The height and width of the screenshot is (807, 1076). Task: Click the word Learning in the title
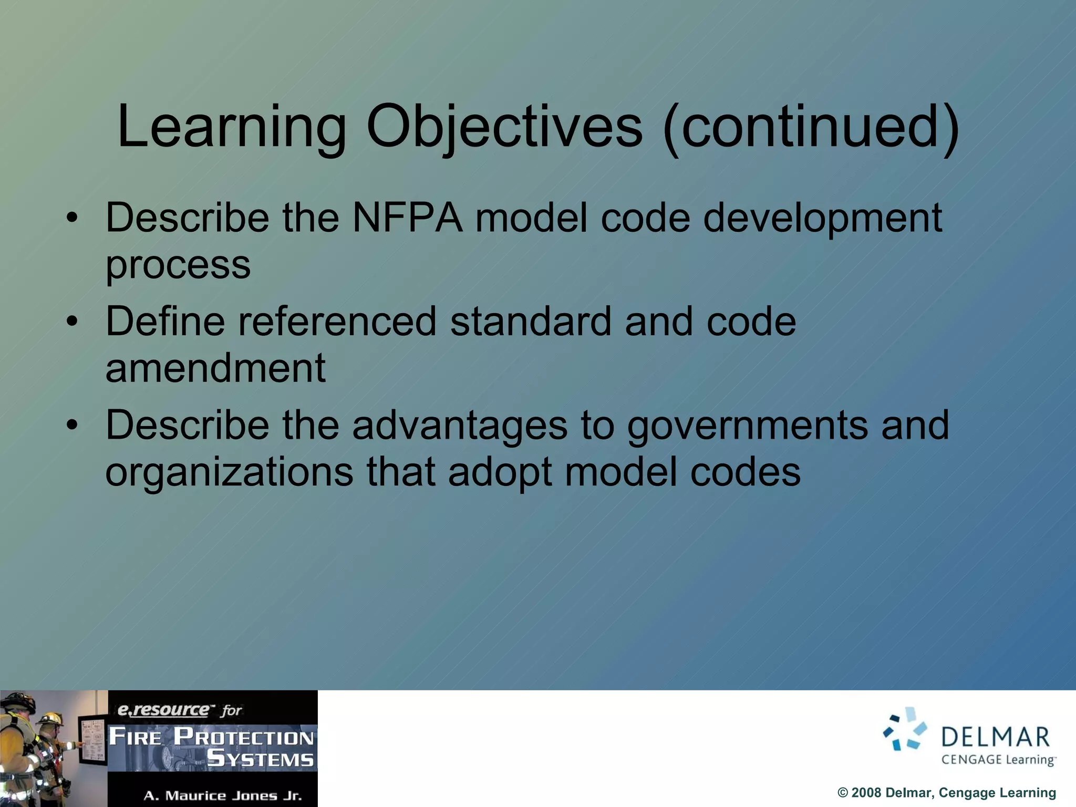coord(231,128)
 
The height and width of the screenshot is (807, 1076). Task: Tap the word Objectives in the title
coord(504,128)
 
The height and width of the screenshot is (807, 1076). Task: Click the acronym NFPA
coord(407,218)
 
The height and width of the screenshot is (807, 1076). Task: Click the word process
coord(178,265)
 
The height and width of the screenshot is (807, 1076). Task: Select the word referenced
coord(337,322)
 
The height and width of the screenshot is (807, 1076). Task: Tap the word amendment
coord(215,368)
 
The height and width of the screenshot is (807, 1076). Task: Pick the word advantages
coord(460,425)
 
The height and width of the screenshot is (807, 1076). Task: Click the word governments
coord(747,425)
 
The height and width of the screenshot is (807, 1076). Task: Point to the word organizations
coord(229,472)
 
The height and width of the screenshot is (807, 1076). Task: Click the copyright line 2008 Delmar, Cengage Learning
coord(946,792)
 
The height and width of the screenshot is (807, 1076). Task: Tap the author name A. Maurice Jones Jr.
coord(223,795)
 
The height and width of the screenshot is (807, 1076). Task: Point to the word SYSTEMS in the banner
coord(261,759)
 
